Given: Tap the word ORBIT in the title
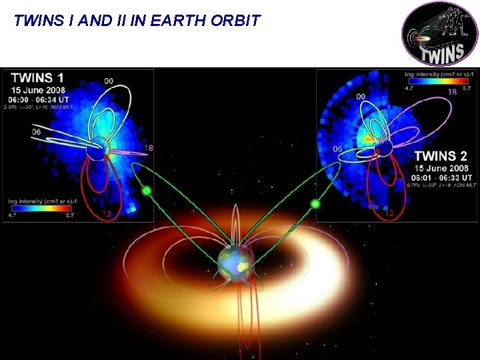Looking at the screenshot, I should click(235, 20).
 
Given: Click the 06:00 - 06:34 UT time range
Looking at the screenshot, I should click(42, 98).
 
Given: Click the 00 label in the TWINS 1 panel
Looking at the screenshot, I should click(108, 81).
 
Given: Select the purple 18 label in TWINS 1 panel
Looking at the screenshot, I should click(148, 147).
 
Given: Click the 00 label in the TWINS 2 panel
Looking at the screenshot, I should click(361, 97).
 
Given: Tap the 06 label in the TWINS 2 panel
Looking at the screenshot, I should click(337, 149).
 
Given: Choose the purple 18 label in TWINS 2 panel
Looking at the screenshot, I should click(451, 92).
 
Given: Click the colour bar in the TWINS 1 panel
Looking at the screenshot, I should click(39, 207).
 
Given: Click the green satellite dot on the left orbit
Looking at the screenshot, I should click(147, 191).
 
